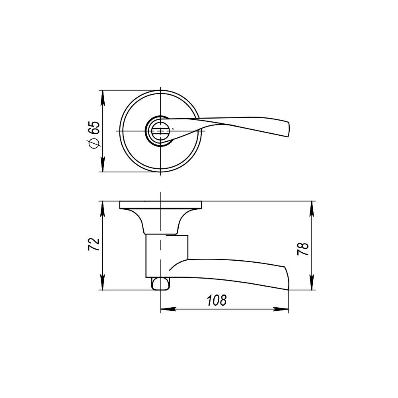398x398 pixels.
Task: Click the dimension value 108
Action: click(x=217, y=300)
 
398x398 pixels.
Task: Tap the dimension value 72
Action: click(x=94, y=244)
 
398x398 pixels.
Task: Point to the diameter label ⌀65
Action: click(x=94, y=135)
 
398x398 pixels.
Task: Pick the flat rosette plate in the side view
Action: click(x=161, y=205)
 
